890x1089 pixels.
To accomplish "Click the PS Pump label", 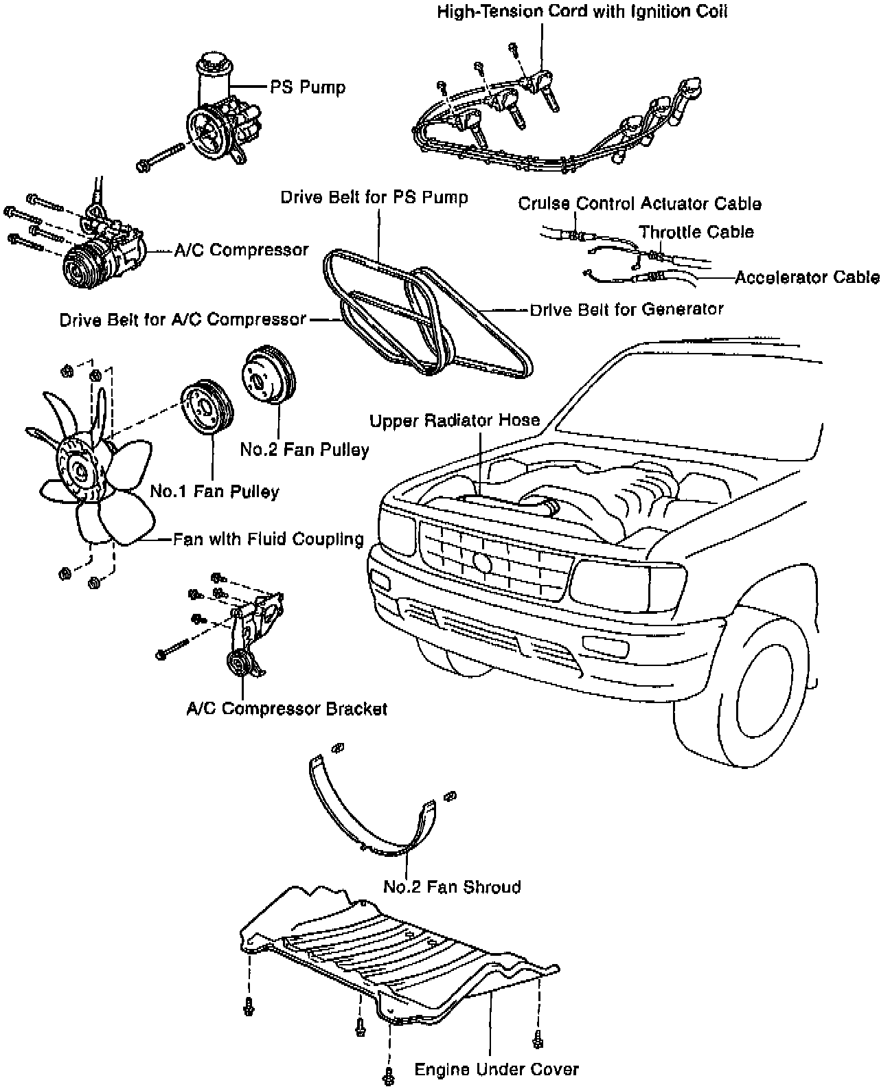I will coord(307,88).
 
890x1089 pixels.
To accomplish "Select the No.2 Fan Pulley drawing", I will coord(268,378).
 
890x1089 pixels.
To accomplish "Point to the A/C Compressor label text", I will coord(241,251).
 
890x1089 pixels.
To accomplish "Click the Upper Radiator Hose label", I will coord(455,420).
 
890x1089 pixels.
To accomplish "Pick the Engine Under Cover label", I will coord(497,1069).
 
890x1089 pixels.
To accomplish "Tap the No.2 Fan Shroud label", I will coord(452,886).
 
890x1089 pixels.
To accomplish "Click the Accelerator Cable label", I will coord(807,277).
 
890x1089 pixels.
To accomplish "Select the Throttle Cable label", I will coord(696,232).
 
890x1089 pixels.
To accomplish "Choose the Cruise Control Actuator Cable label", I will coord(639,204).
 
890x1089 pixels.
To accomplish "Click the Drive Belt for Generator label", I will coord(626,310).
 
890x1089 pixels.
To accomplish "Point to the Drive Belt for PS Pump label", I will coord(374,198).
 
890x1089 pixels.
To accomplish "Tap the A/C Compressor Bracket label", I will coord(287,709).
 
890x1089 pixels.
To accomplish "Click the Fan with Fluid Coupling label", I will coord(268,539).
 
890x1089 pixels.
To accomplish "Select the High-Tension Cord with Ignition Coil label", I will coord(582,12).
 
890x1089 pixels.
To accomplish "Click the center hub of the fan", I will coord(80,472).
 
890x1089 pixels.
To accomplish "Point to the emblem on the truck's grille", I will coord(483,562).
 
